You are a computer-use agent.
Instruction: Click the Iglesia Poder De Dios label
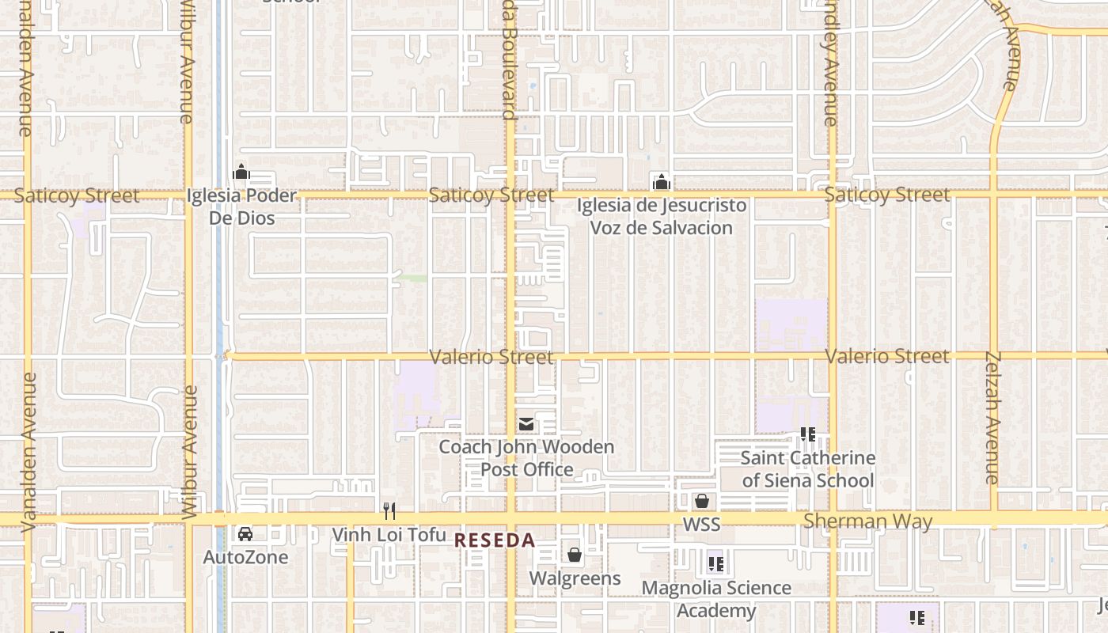(x=241, y=207)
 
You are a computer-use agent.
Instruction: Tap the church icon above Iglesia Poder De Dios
(x=241, y=172)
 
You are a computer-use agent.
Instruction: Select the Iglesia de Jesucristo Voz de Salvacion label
(x=661, y=217)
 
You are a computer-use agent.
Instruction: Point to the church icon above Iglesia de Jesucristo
(x=661, y=182)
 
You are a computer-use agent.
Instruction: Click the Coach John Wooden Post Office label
(x=526, y=458)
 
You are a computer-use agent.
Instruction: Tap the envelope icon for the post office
(x=526, y=424)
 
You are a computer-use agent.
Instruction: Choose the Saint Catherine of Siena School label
(x=807, y=469)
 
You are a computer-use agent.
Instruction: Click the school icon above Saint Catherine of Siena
(x=807, y=434)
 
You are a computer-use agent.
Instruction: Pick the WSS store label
(x=701, y=525)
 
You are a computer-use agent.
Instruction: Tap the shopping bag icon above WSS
(x=701, y=501)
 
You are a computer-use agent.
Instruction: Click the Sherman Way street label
(x=867, y=521)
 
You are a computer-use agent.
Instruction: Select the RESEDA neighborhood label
(x=495, y=541)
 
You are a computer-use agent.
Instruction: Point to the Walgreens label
(x=575, y=578)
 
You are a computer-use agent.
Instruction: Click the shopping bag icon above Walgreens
(x=575, y=555)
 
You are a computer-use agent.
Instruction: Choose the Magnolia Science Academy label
(x=716, y=599)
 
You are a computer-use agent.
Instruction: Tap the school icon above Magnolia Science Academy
(x=716, y=564)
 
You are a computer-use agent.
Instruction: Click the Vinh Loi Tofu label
(x=389, y=535)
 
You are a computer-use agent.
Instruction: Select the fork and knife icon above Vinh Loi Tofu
(x=389, y=510)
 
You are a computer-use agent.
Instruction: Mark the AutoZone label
(x=245, y=557)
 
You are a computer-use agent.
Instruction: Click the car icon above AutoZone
(x=245, y=533)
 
